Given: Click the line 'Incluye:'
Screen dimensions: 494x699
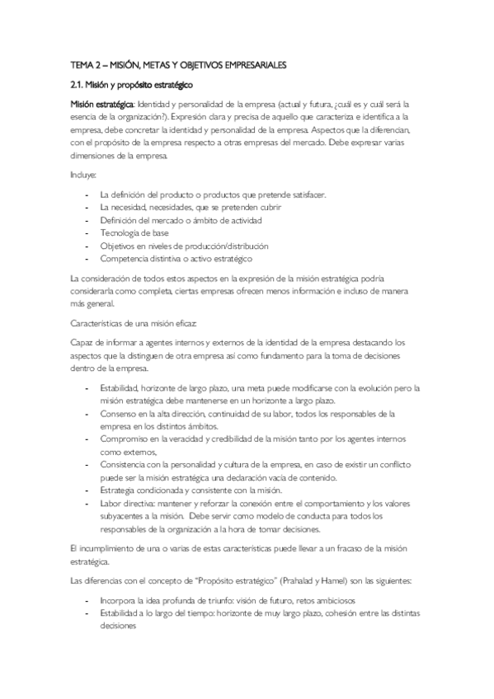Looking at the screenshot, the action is click(83, 175).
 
